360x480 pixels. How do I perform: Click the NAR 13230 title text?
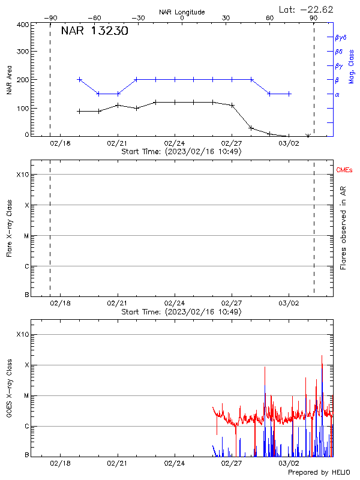point(94,31)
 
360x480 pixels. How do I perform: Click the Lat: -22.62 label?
point(306,9)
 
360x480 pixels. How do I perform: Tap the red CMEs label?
point(343,170)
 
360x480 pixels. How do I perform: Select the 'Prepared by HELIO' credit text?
point(318,473)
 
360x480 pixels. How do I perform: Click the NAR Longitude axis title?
point(182,11)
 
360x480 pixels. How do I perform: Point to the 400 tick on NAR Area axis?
point(22,25)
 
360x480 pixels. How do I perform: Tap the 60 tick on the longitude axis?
point(270,18)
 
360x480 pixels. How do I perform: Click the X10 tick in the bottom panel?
point(22,334)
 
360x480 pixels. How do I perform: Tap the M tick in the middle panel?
point(26,236)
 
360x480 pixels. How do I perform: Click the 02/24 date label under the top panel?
point(174,145)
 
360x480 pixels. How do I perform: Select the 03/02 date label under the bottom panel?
point(289,464)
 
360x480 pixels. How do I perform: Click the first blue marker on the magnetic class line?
point(79,79)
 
